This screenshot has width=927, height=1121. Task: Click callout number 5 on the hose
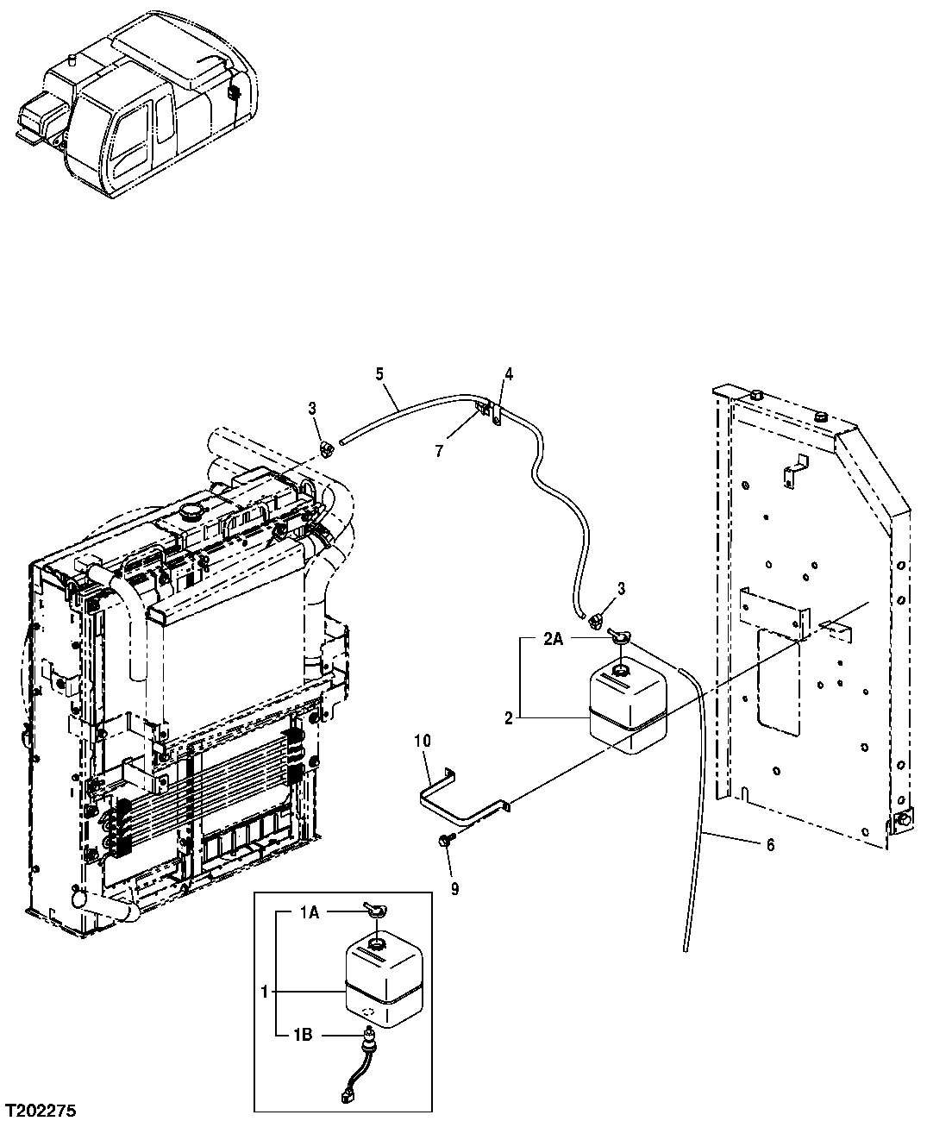pyautogui.click(x=379, y=373)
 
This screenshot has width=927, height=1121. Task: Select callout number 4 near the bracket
pyautogui.click(x=509, y=373)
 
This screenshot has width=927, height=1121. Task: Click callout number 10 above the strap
pyautogui.click(x=422, y=741)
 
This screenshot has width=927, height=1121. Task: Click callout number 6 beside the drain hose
pyautogui.click(x=769, y=845)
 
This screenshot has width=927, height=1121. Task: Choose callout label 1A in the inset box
pyautogui.click(x=310, y=911)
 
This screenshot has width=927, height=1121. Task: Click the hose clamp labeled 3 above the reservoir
pyautogui.click(x=595, y=618)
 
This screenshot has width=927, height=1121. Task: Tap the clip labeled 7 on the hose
pyautogui.click(x=483, y=405)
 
